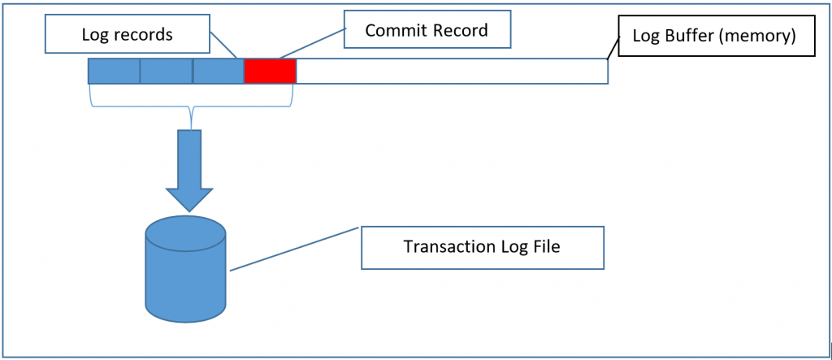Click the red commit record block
pos(270,72)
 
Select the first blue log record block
pos(114,72)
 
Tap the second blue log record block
pos(166,72)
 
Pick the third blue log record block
pos(218,72)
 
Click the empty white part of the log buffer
pos(451,72)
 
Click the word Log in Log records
pos(95,35)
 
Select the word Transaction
pos(442,246)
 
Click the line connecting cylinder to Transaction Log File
pos(292,249)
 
